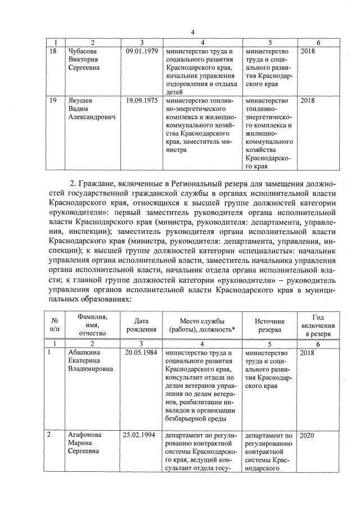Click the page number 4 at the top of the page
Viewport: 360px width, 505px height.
tap(192, 32)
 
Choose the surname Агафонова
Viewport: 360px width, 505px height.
tap(87, 435)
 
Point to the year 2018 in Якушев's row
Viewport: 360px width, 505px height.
tap(308, 101)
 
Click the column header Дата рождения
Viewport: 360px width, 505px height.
tap(142, 324)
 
